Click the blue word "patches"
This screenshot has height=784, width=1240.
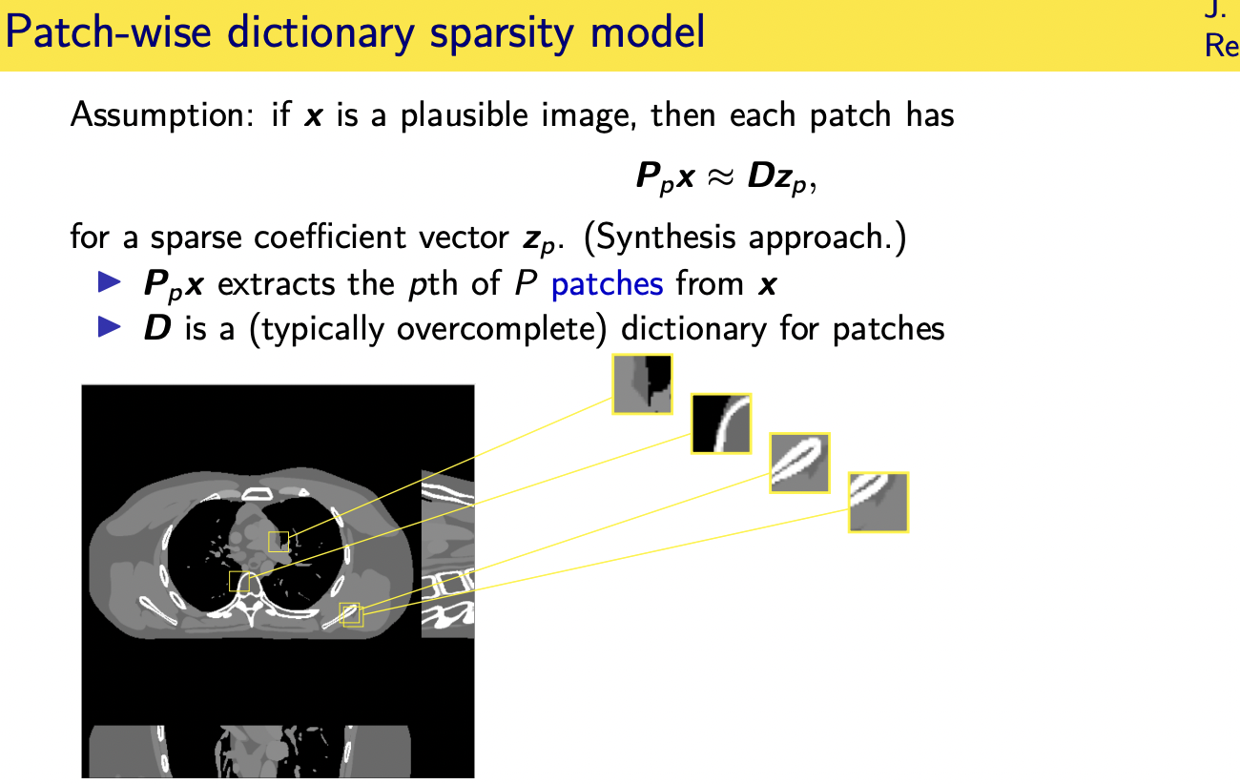tap(607, 283)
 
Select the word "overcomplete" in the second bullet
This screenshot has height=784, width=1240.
tap(503, 329)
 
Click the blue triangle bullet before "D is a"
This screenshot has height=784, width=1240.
tap(111, 328)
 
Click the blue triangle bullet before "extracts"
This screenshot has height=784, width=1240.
tap(111, 282)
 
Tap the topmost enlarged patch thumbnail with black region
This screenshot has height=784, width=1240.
tap(642, 384)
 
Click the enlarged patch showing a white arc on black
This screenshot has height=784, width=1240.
tap(721, 423)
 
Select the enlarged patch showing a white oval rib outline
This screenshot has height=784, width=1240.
tap(799, 463)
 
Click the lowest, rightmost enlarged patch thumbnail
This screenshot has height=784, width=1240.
tap(878, 502)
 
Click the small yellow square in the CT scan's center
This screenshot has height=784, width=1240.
tap(278, 542)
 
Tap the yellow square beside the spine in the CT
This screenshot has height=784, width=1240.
tap(239, 581)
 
